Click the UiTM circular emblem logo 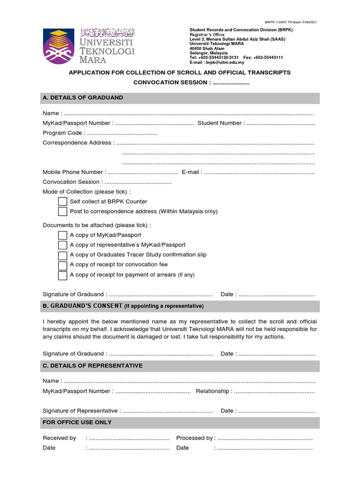(x=59, y=46)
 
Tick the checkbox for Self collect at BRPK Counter (x=63, y=202)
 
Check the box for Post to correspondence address (x=63, y=211)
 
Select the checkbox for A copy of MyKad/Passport (x=63, y=235)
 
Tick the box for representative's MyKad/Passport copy (x=63, y=245)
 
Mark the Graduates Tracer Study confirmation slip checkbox (x=63, y=255)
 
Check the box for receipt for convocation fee (x=63, y=265)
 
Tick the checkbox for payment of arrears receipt (x=63, y=275)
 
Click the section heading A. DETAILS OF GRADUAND (x=83, y=97)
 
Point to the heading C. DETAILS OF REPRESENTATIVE (x=92, y=366)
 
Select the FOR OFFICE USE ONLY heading (x=77, y=422)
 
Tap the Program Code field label (x=62, y=133)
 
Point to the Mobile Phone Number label (x=73, y=172)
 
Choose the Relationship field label (x=212, y=391)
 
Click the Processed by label (x=194, y=438)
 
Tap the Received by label (x=59, y=438)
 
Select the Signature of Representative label (x=80, y=411)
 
